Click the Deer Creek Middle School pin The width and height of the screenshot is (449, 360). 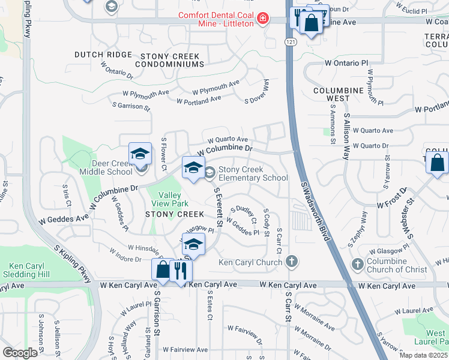coord(139,155)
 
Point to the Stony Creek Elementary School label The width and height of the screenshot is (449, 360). coord(253,173)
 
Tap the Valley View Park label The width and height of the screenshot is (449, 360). coord(169,199)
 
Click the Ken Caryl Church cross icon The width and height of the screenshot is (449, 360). coord(291,262)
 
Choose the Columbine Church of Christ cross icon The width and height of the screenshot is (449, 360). coord(358,263)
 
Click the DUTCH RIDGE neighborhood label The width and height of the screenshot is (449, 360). coord(103,55)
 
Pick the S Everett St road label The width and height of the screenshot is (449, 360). coord(218,206)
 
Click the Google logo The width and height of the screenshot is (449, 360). coord(20,353)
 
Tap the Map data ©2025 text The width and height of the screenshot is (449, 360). coord(424,355)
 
